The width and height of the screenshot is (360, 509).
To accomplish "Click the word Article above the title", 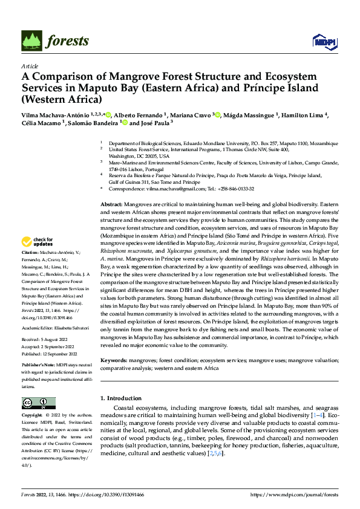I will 30,66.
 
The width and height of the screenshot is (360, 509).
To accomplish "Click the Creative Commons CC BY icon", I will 39,403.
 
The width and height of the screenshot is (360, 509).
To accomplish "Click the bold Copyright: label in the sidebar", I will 33,416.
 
